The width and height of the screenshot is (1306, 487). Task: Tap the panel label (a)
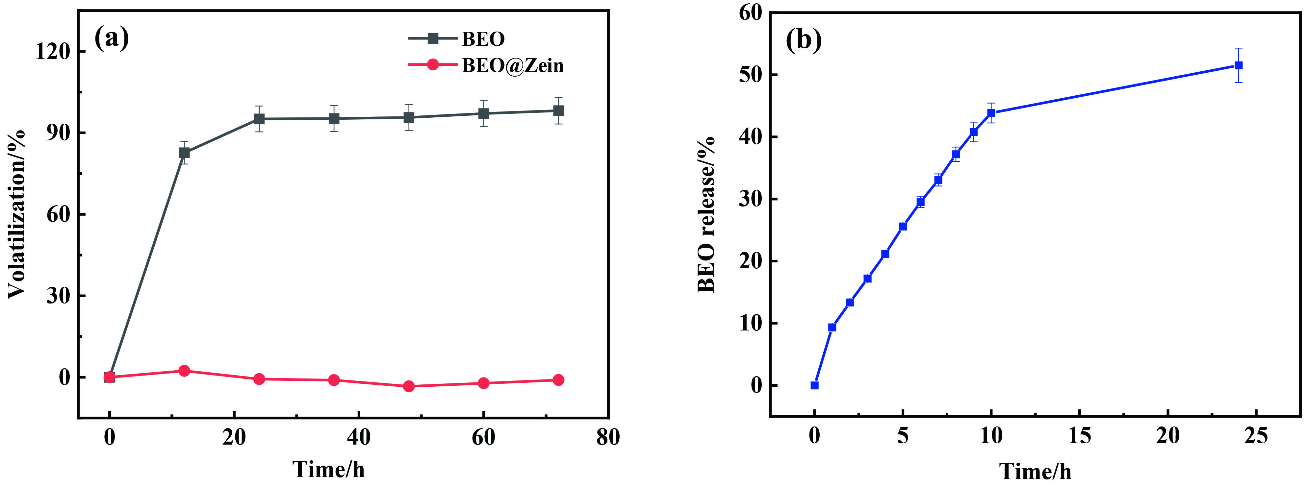click(x=112, y=38)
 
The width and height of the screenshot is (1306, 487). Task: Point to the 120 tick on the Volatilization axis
click(x=53, y=51)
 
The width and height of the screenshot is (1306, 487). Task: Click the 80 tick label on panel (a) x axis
click(x=608, y=437)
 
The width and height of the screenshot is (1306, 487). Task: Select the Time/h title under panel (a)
click(x=328, y=469)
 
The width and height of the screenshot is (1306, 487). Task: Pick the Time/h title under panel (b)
click(x=1035, y=471)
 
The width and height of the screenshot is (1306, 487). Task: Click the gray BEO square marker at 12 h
click(x=185, y=153)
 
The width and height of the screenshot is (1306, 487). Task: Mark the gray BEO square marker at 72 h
click(x=558, y=110)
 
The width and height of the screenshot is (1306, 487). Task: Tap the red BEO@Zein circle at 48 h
click(x=409, y=386)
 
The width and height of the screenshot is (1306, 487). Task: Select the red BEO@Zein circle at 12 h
click(x=185, y=371)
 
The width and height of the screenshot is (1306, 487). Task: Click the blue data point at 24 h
click(x=1238, y=65)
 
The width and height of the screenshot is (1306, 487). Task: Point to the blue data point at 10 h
click(x=991, y=113)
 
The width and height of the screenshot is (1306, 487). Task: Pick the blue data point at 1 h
click(x=832, y=328)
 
